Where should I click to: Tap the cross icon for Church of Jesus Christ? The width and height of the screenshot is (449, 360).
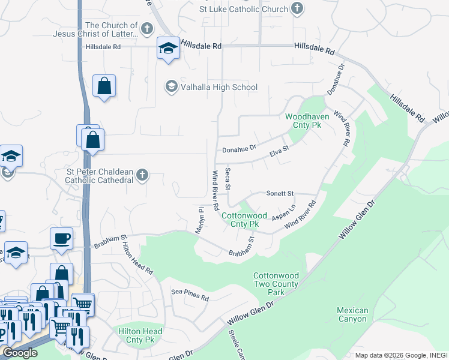coord(146,29)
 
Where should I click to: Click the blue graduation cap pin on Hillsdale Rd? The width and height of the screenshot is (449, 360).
coord(168,49)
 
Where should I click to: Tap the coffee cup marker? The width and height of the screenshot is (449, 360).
coord(61,238)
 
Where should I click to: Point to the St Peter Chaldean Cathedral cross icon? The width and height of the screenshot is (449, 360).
coord(142,175)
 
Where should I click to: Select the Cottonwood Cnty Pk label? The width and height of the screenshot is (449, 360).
coord(240,220)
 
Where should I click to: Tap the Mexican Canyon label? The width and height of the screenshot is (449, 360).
coord(352,314)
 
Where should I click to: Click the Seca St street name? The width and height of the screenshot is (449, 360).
coord(228,179)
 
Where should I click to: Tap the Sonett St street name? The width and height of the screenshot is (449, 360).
coord(280,194)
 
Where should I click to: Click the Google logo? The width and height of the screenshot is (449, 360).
coord(20,353)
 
